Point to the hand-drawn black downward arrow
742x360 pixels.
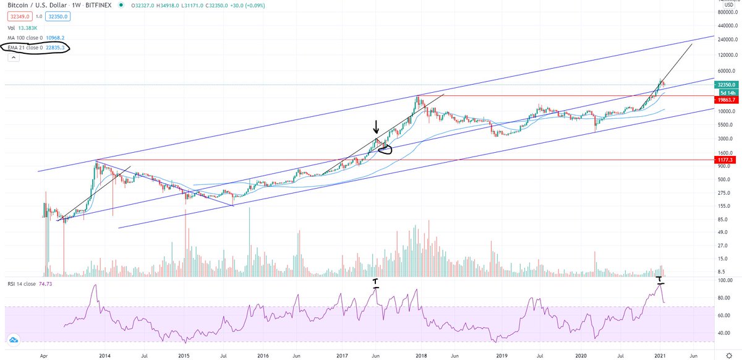pos(376,127)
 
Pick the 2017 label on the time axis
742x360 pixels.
pos(344,356)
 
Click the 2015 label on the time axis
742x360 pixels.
pos(184,356)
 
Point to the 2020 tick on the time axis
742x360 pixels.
pos(581,356)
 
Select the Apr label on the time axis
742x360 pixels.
pos(44,356)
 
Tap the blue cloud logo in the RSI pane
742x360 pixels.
pos(14,340)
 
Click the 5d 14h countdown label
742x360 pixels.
pos(723,92)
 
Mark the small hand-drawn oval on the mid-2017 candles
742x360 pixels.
pos(385,148)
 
